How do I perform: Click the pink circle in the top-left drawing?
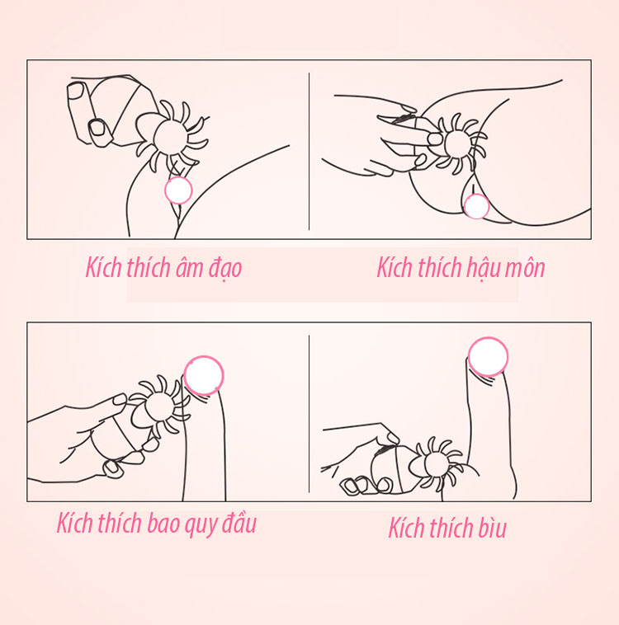(x=178, y=190)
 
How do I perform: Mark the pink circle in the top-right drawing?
(x=476, y=206)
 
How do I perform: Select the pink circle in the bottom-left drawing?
(x=204, y=375)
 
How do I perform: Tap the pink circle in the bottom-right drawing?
(x=488, y=357)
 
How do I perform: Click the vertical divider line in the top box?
(x=309, y=151)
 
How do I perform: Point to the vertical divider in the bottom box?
(x=309, y=414)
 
